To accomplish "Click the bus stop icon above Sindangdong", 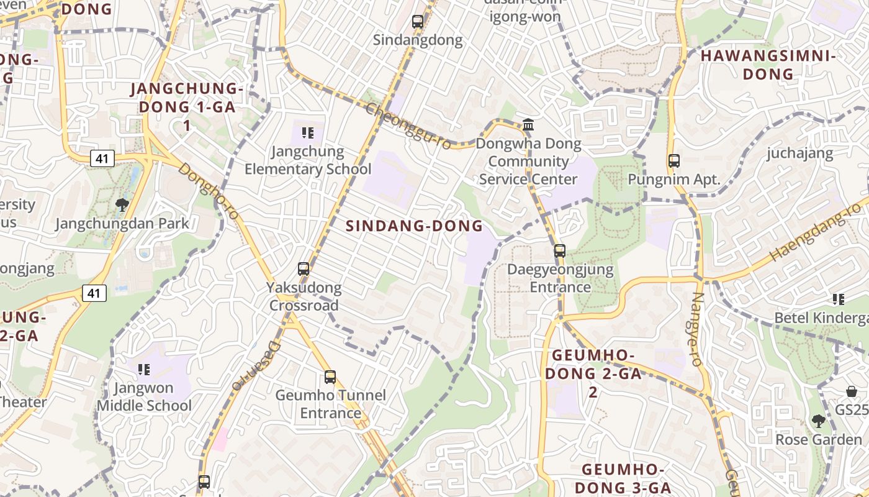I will point(418,22).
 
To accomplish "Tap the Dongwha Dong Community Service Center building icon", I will point(528,124).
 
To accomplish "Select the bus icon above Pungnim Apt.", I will point(674,161).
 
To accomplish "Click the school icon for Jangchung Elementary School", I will point(308,132).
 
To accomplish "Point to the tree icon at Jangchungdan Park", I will point(122,204).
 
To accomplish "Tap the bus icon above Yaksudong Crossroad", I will point(304,268).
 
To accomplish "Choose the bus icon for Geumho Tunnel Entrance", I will point(330,376).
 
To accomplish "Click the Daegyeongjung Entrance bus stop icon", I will point(560,251).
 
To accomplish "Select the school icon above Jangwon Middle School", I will point(144,370).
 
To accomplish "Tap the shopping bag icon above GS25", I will point(852,391).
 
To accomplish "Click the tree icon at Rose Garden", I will point(819,421).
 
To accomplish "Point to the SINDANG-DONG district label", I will point(414,226).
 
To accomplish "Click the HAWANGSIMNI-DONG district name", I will point(769,65).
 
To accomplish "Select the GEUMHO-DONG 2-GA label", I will point(593,373).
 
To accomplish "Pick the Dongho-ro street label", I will point(209,192).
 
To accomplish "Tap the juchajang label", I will point(800,153).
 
